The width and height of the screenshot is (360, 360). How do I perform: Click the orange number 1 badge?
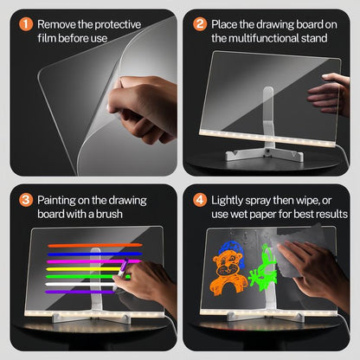[26, 25]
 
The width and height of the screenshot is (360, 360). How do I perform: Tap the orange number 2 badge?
[201, 25]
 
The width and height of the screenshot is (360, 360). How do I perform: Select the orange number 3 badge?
[26, 201]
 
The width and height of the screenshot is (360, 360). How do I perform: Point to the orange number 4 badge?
[201, 201]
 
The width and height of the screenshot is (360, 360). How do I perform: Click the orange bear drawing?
[229, 268]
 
